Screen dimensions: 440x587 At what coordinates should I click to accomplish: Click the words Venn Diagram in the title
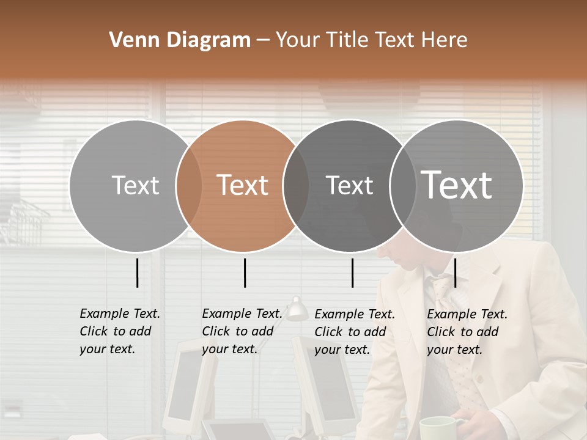180,40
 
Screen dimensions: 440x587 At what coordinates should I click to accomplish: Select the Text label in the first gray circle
135,185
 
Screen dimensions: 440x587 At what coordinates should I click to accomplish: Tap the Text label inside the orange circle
243,185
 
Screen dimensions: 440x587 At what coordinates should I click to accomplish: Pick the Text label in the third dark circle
349,185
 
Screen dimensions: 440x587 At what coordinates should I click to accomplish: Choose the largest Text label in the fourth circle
457,185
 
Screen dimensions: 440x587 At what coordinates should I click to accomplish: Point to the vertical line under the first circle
137,273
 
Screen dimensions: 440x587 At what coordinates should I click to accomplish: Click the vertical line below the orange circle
245,273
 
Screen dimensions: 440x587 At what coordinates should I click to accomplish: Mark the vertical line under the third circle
352,273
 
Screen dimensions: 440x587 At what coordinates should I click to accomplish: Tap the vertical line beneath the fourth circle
455,273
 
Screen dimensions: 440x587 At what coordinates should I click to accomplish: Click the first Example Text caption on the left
119,331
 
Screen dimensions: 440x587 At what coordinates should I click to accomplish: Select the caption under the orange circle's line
242,331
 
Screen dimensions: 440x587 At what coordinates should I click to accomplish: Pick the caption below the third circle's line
354,332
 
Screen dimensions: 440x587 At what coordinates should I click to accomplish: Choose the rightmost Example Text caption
467,332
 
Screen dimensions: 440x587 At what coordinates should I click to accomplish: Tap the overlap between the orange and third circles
295,185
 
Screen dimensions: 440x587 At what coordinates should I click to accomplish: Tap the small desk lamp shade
297,311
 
